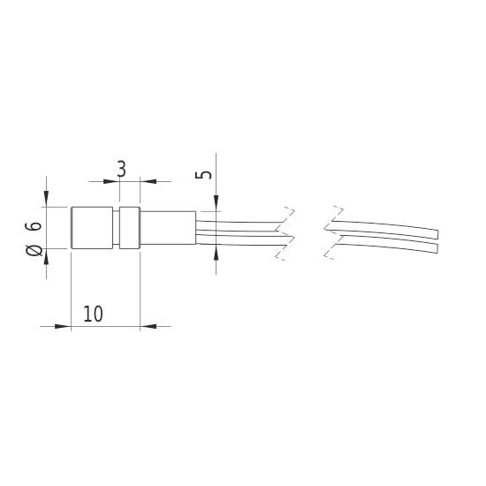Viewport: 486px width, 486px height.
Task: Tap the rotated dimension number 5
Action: coord(207,172)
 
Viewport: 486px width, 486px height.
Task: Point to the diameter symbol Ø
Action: coord(34,251)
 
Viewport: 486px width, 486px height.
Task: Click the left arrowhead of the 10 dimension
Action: coord(62,326)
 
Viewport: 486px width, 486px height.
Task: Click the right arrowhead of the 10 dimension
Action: coord(148,326)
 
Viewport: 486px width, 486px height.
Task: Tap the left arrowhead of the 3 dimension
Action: coord(112,181)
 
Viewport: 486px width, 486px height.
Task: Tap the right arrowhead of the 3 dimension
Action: coord(148,181)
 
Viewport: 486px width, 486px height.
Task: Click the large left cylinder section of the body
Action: coord(90,229)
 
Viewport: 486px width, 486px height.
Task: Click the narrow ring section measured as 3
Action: coord(129,229)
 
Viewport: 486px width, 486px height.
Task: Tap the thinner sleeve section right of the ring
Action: coord(167,229)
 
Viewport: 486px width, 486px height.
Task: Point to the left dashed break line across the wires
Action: coord(285,232)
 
